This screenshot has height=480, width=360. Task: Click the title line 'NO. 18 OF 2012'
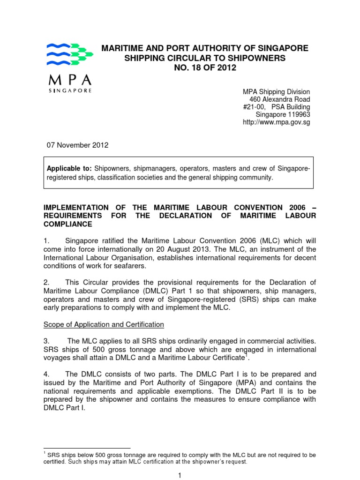(205, 68)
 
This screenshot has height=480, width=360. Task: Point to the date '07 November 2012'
(74, 145)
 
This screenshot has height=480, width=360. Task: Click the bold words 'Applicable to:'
(69, 168)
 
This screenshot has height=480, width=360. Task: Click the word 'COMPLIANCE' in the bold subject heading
(68, 224)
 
